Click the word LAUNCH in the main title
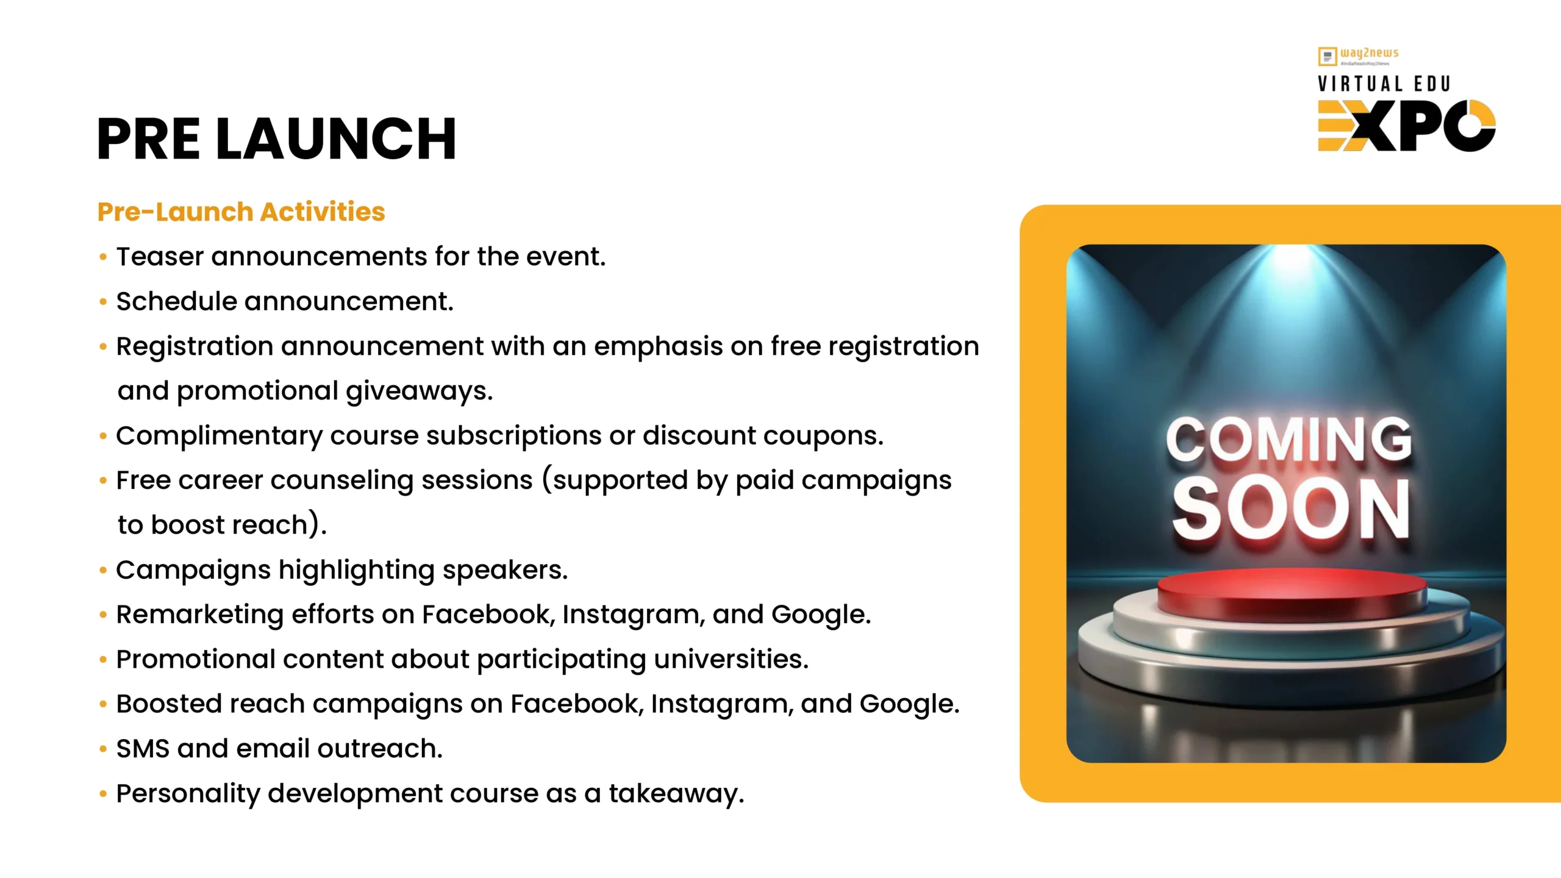tap(336, 139)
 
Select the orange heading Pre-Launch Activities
tap(241, 212)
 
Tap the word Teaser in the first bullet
tap(160, 257)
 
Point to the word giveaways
tap(420, 391)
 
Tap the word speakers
tap(505, 571)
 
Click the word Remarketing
tap(200, 615)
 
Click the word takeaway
tap(677, 794)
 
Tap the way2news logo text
tap(1370, 54)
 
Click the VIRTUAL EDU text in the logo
tap(1384, 84)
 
